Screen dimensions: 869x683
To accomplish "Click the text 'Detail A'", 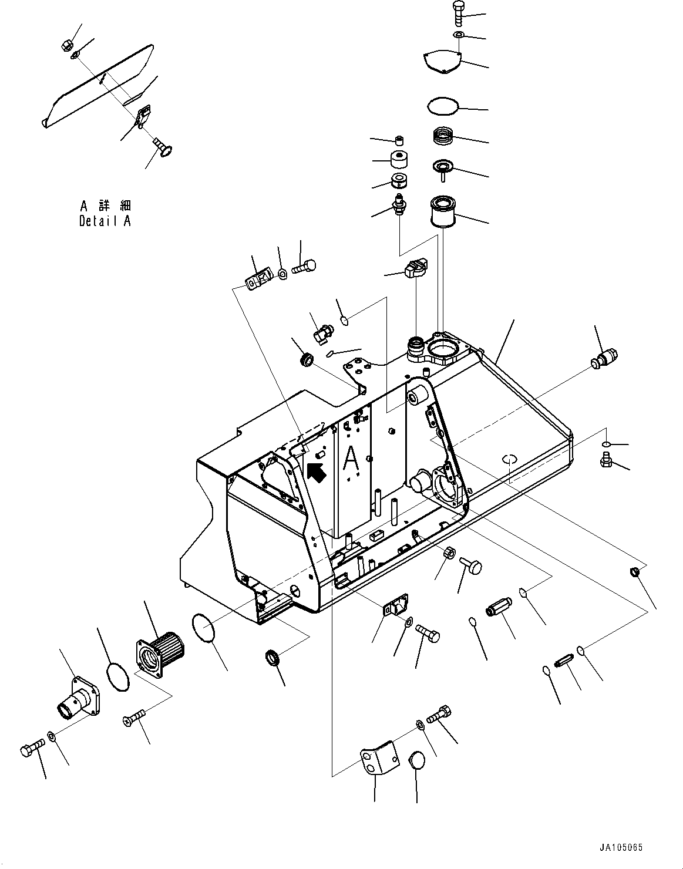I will point(105,221).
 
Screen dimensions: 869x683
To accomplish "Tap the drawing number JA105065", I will point(621,848).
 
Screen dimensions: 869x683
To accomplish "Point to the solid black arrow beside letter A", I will point(316,471).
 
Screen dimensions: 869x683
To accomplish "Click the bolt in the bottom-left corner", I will point(31,750).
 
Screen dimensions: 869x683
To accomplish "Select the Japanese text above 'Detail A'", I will point(106,206).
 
